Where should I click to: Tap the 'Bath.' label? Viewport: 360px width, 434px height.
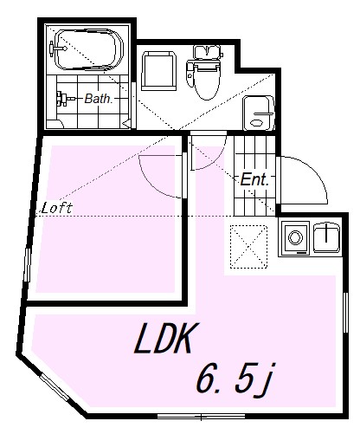tap(98, 99)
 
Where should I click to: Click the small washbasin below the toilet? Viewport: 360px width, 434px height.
tap(258, 113)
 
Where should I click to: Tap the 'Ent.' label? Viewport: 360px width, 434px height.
tap(256, 180)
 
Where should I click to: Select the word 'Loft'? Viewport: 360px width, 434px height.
tap(57, 208)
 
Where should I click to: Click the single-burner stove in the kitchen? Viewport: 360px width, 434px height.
tap(296, 236)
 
